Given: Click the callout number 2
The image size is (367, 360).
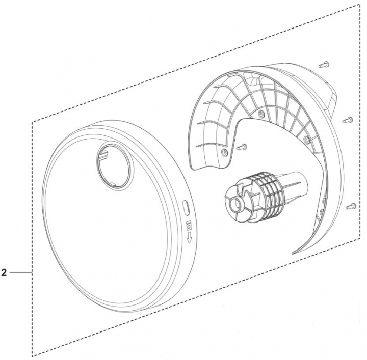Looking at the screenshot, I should click(x=4, y=273).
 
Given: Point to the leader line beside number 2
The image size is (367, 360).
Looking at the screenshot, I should click(x=20, y=273).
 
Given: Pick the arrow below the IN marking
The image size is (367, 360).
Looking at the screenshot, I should click(x=189, y=237).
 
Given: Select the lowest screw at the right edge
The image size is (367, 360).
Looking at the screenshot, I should click(x=350, y=206).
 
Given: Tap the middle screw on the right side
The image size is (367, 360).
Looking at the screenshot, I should click(x=348, y=120).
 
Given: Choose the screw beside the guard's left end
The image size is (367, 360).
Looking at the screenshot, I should click(x=242, y=147).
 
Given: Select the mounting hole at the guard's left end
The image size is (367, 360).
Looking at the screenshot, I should click(x=224, y=152).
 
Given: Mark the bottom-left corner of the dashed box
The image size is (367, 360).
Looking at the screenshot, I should click(x=34, y=355).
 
